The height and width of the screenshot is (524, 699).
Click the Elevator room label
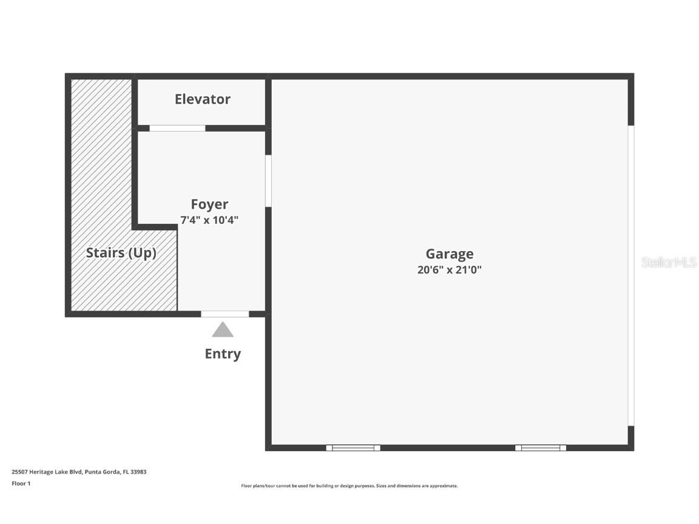click(202, 99)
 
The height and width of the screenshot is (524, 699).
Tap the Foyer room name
click(209, 204)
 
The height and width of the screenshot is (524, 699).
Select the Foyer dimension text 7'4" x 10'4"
click(209, 220)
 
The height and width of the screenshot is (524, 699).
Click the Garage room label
click(449, 254)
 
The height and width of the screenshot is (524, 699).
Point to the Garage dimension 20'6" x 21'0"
click(449, 270)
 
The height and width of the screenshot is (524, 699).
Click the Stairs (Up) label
click(121, 253)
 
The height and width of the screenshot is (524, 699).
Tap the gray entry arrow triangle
click(223, 331)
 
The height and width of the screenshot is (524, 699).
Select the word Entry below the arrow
click(223, 354)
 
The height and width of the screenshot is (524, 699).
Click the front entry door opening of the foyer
click(225, 314)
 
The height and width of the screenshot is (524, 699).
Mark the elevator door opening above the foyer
click(177, 128)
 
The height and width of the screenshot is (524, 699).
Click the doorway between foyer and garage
click(268, 181)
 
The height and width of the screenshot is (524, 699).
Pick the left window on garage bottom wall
click(353, 448)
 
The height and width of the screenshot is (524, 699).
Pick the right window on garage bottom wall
click(541, 448)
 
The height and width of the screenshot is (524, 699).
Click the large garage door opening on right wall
click(631, 275)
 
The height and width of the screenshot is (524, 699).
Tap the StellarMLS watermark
click(669, 263)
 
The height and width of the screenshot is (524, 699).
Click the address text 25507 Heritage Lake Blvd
click(47, 472)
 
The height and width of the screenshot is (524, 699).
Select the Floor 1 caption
click(21, 484)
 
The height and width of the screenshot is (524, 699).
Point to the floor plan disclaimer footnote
click(349, 486)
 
